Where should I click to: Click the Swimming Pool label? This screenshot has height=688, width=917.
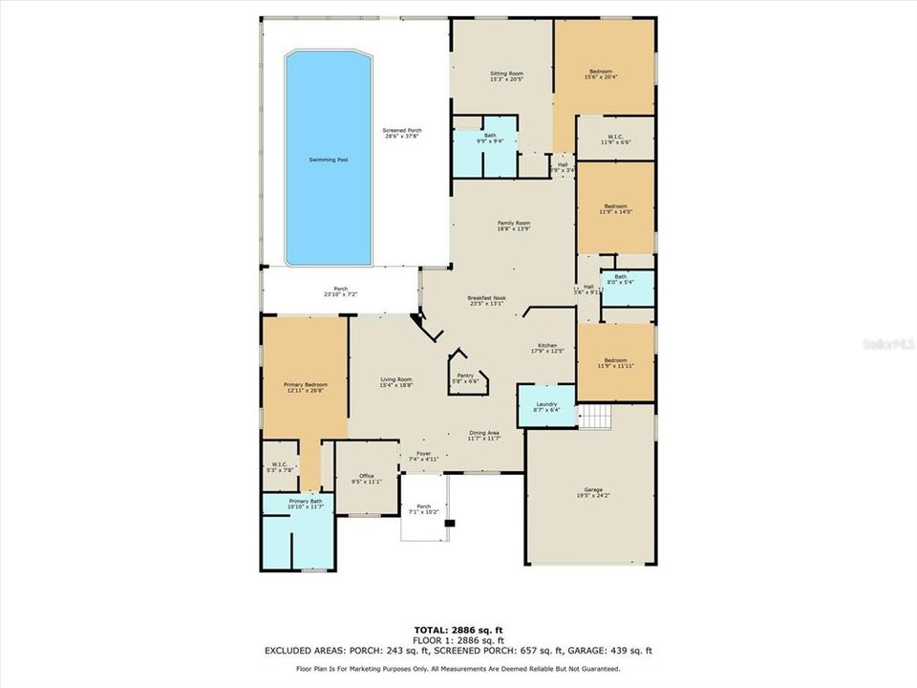pos(328,160)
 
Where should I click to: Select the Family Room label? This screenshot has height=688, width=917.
pos(513,223)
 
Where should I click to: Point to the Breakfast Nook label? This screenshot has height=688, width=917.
pos(486,297)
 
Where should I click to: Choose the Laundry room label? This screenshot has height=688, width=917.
pos(545,404)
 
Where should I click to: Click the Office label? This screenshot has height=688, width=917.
pos(366,476)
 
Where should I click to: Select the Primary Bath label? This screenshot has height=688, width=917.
pos(296,501)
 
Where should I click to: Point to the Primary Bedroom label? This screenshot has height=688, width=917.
pos(305,385)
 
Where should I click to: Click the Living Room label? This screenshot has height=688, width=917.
pos(396,379)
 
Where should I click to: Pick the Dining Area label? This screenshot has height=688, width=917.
pos(484,433)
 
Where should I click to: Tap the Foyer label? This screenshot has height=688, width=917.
pos(422,454)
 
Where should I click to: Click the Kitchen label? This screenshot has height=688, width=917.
pos(547,345)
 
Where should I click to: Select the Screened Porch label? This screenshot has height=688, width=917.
pos(402,131)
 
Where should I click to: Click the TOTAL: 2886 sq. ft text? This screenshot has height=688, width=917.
pos(458,631)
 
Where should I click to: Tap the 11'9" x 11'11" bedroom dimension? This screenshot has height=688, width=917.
pos(614,366)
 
